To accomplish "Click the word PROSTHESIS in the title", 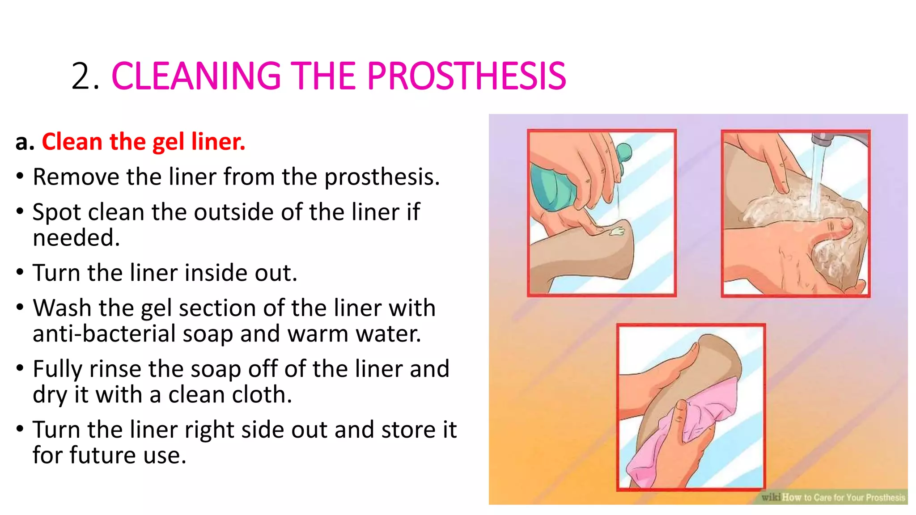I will [x=466, y=76].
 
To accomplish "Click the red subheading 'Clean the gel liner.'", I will [x=143, y=142].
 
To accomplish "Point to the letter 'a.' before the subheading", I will [x=25, y=143].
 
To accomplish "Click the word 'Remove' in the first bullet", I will [x=76, y=177].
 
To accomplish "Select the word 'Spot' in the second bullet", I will [x=56, y=212].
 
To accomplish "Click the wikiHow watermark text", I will [x=833, y=497].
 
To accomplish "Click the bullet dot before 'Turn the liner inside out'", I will [x=20, y=272].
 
